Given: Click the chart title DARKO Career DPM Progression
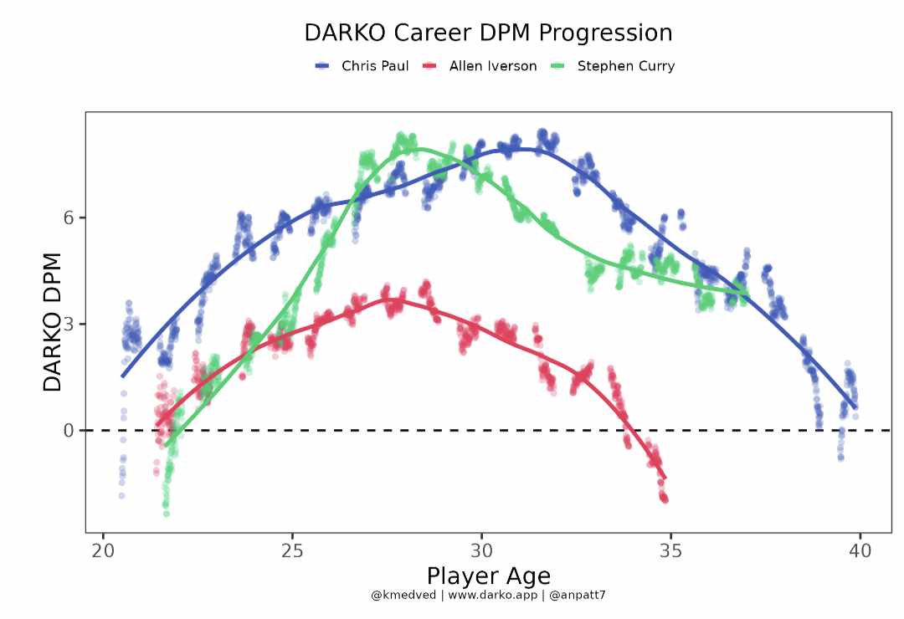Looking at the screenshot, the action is pos(488,33).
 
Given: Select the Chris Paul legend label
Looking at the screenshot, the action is pos(375,66).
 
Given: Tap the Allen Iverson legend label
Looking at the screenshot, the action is pos(493,66).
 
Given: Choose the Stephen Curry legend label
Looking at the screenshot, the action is pos(625,66).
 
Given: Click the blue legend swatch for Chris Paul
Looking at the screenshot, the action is pos(322,66).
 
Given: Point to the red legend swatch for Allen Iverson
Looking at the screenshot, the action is pos(430,66).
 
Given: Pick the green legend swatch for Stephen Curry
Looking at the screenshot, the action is pos(558,66).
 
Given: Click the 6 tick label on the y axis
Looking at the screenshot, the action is pos(69,217).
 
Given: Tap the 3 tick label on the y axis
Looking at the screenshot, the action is pos(69,324).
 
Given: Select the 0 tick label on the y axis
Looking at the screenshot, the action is pos(69,430).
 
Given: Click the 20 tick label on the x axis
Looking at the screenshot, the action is pos(103,550).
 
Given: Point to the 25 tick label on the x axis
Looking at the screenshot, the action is pos(292,550).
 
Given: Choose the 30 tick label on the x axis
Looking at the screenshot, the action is pos(481,550).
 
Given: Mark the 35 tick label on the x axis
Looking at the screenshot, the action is pos(670,550).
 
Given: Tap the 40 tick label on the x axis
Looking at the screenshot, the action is pos(860,550).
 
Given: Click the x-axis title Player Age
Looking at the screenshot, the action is pos(488,576).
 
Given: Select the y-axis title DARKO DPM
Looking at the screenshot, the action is pos(53,323).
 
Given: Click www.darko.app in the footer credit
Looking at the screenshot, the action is pos(492,595).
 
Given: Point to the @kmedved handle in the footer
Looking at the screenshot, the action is pos(403,595).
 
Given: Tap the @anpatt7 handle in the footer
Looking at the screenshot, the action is pos(577,595).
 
